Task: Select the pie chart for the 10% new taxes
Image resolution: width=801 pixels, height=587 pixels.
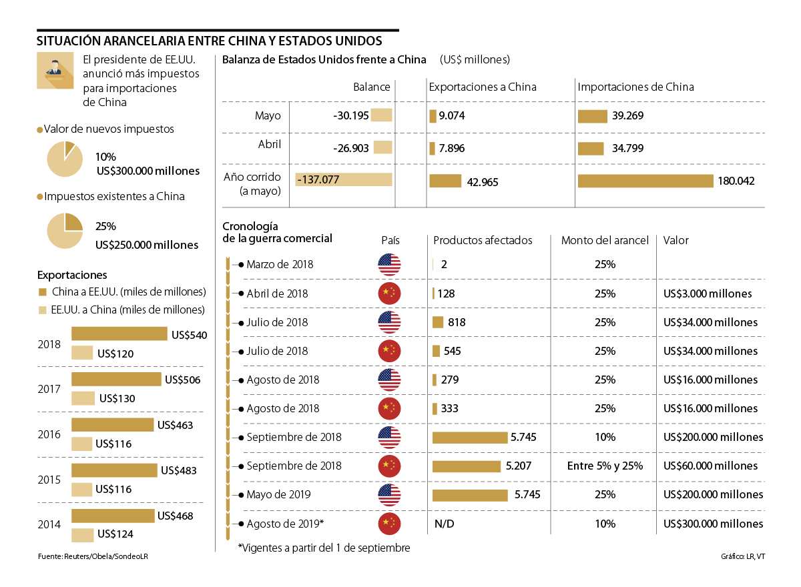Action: point(65,159)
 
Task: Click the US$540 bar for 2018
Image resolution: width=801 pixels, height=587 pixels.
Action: point(119,334)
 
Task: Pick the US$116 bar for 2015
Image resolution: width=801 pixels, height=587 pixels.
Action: point(81,489)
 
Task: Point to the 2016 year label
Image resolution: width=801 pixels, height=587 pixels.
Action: point(50,434)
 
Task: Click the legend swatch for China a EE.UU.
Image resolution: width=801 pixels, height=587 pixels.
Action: point(43,292)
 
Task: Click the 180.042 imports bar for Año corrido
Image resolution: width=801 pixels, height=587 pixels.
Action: point(645,181)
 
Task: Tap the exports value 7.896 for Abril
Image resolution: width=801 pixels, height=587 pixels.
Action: point(452,147)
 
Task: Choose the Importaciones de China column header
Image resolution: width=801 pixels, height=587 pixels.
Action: point(635,87)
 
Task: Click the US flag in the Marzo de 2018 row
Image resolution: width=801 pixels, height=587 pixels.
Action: point(389,265)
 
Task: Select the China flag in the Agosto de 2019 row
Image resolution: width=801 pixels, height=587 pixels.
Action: point(389,524)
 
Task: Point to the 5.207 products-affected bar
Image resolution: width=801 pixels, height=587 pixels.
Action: point(467,466)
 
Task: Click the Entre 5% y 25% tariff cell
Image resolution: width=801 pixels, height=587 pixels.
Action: point(605,466)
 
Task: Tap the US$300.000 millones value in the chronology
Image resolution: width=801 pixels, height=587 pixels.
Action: point(714,524)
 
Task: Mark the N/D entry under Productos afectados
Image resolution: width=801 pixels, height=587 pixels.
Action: point(444,524)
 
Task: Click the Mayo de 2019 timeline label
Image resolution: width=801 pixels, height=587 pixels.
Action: point(278,495)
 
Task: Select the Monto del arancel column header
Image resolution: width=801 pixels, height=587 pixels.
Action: point(605,240)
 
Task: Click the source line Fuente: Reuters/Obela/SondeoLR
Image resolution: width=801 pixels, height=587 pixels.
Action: point(92,556)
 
